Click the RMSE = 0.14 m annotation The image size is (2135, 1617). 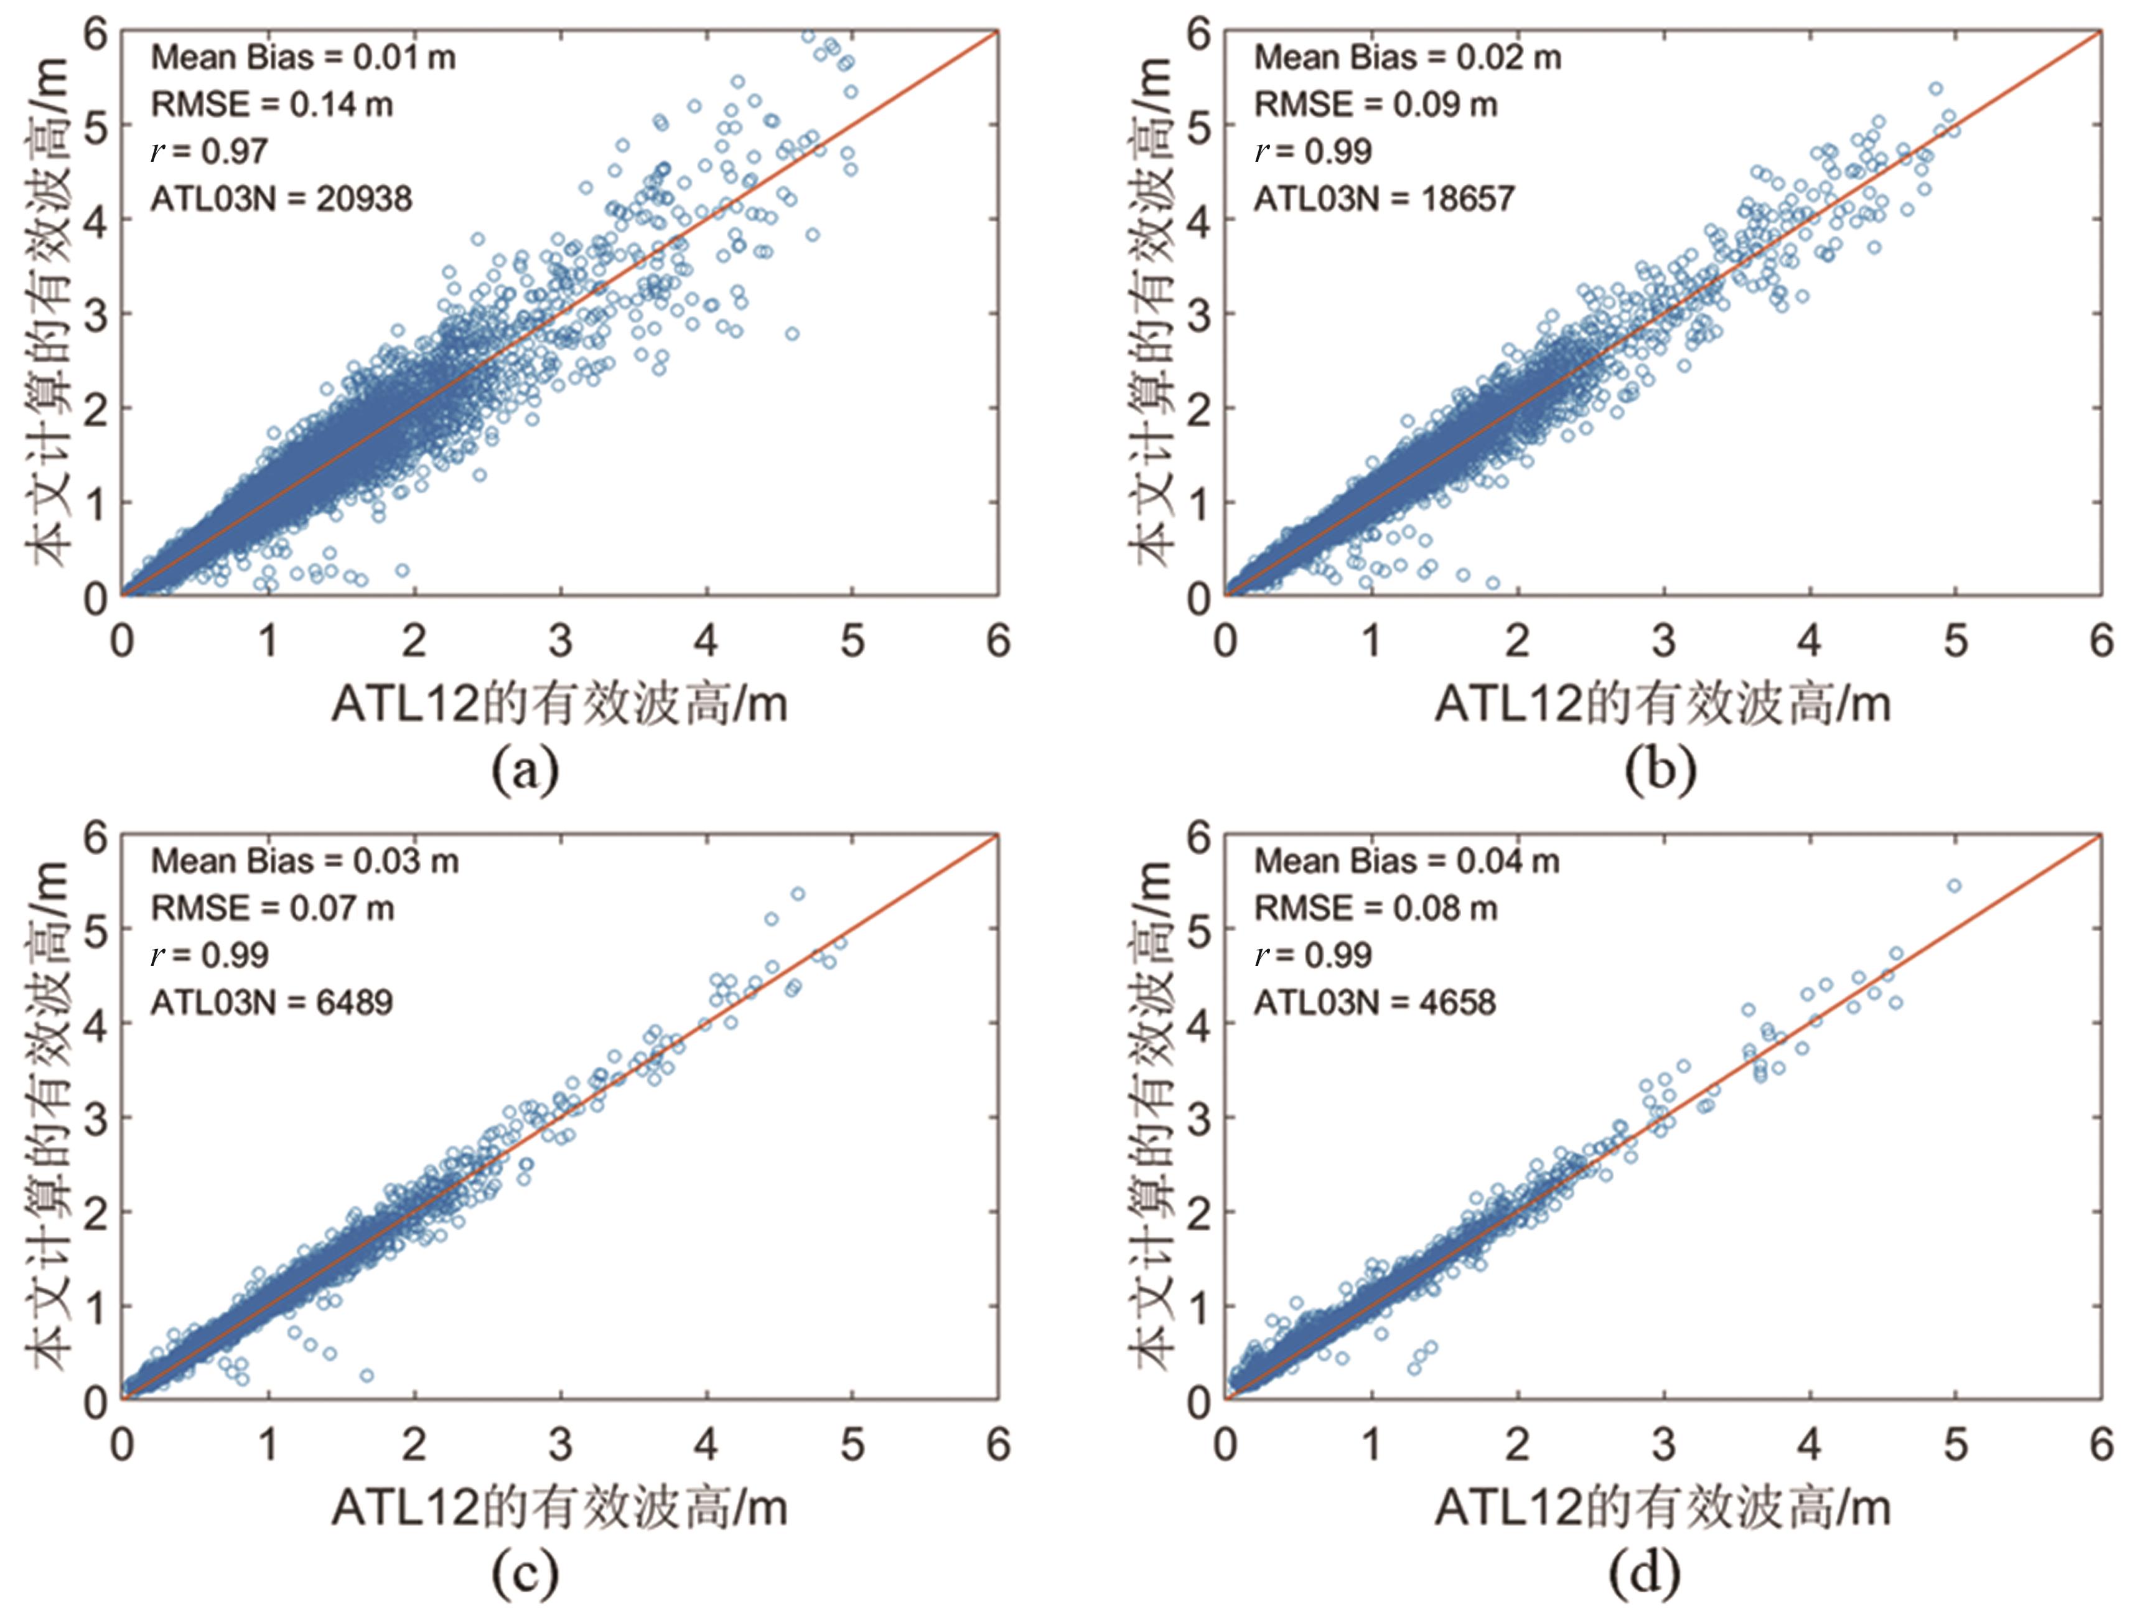pos(272,105)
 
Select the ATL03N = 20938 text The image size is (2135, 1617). pos(281,199)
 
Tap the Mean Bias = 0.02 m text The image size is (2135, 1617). pos(1407,58)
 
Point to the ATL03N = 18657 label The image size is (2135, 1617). pos(1384,199)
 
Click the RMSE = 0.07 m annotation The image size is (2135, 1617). pos(272,909)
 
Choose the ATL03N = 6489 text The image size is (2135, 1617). pos(271,1002)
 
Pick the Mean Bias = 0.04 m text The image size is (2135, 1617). pos(1406,861)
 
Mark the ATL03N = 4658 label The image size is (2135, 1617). pos(1375,1002)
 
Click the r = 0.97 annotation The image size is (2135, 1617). pos(210,152)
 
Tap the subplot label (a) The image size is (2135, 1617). pos(525,771)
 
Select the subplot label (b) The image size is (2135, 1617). pos(1660,771)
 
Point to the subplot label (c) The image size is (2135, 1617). pos(525,1573)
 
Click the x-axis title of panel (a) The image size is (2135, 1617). pos(560,704)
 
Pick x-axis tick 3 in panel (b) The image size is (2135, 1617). pos(1663,641)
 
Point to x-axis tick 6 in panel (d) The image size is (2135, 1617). pos(2101,1445)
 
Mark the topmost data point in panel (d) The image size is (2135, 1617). pos(1953,885)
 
